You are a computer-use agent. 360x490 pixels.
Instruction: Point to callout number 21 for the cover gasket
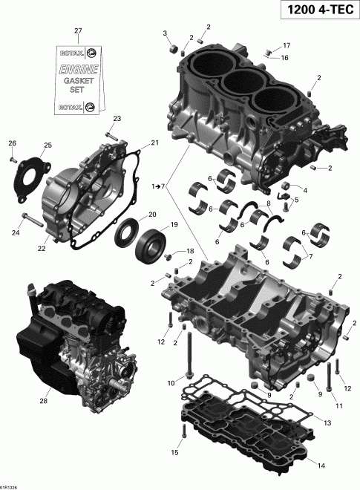click(x=155, y=143)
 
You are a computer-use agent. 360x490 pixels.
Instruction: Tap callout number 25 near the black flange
click(x=48, y=145)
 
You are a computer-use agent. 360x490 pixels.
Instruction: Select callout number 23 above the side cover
click(x=117, y=119)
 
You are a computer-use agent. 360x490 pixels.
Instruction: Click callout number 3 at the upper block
click(x=166, y=33)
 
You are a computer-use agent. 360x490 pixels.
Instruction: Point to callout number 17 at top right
click(x=287, y=45)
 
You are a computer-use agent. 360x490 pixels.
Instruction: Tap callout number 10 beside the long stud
click(x=171, y=383)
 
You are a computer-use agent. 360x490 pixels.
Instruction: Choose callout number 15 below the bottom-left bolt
click(x=175, y=452)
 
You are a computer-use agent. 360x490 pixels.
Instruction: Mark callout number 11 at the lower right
click(x=338, y=406)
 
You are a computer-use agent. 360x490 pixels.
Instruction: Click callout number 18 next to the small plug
click(x=190, y=251)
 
